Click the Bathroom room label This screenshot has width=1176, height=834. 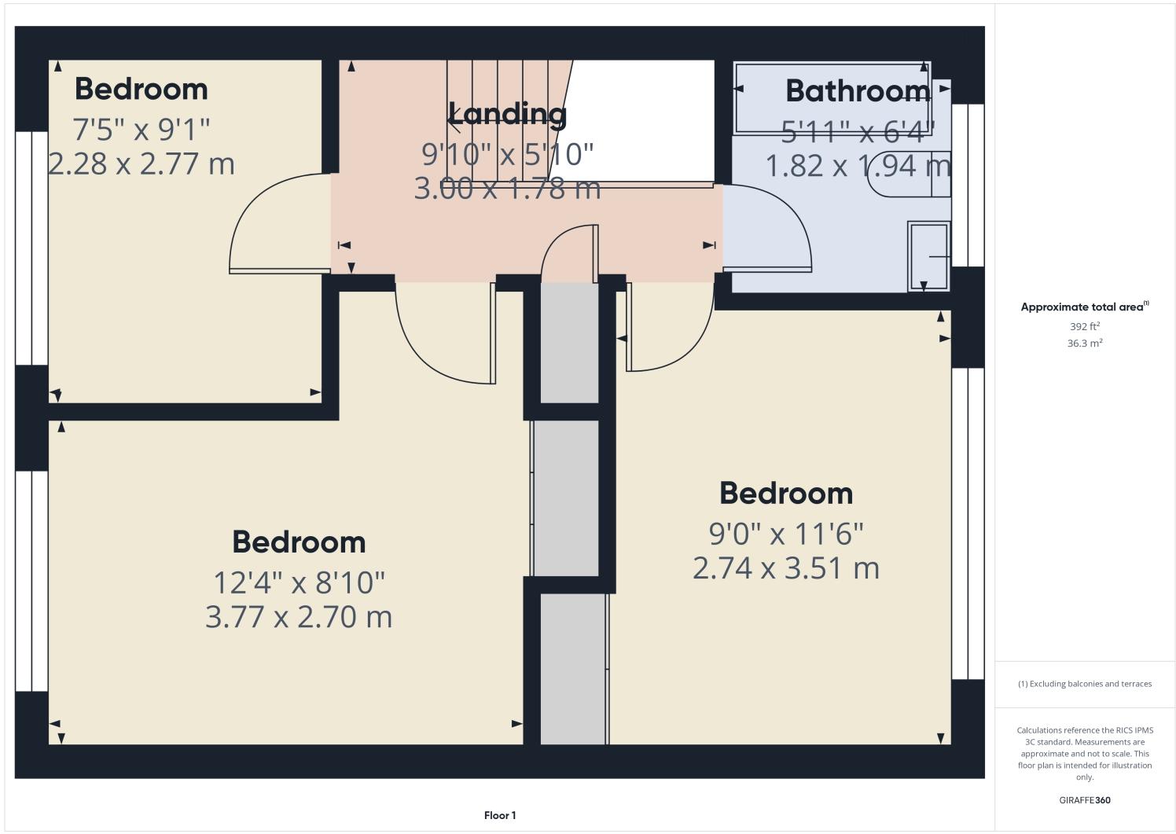(x=858, y=91)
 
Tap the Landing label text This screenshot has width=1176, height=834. (x=507, y=115)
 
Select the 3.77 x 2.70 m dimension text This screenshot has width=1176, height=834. (x=299, y=617)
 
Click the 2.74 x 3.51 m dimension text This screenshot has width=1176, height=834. (x=786, y=568)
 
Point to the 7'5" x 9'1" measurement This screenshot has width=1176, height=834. (x=141, y=129)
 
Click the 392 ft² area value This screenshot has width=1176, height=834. (x=1084, y=326)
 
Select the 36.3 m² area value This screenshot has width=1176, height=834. (x=1084, y=344)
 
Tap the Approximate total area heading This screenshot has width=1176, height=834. (x=1083, y=307)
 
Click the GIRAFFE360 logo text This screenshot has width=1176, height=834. (x=1085, y=800)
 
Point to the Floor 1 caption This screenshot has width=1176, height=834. (x=500, y=815)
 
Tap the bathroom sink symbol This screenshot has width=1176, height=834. (x=929, y=256)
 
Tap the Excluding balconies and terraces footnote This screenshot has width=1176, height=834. (x=1085, y=684)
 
